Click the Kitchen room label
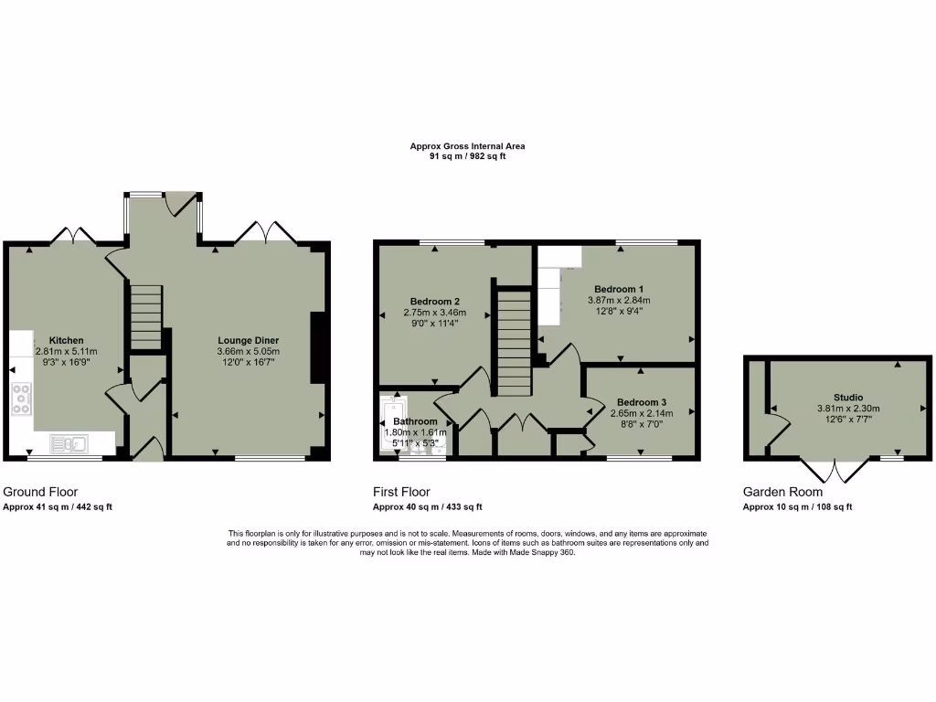click(x=66, y=340)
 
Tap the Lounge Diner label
click(x=248, y=340)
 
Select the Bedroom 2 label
click(x=434, y=302)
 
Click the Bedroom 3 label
click(x=641, y=402)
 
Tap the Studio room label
click(x=847, y=398)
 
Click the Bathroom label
click(x=415, y=421)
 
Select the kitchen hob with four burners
click(x=22, y=399)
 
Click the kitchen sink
click(x=69, y=444)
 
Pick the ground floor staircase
click(x=144, y=316)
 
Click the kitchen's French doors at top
click(x=74, y=236)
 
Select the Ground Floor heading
click(x=39, y=492)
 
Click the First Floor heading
click(x=401, y=492)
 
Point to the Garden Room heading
click(x=782, y=492)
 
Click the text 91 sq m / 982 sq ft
click(x=467, y=156)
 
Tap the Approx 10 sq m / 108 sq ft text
click(x=797, y=506)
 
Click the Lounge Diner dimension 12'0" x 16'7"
click(x=248, y=362)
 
